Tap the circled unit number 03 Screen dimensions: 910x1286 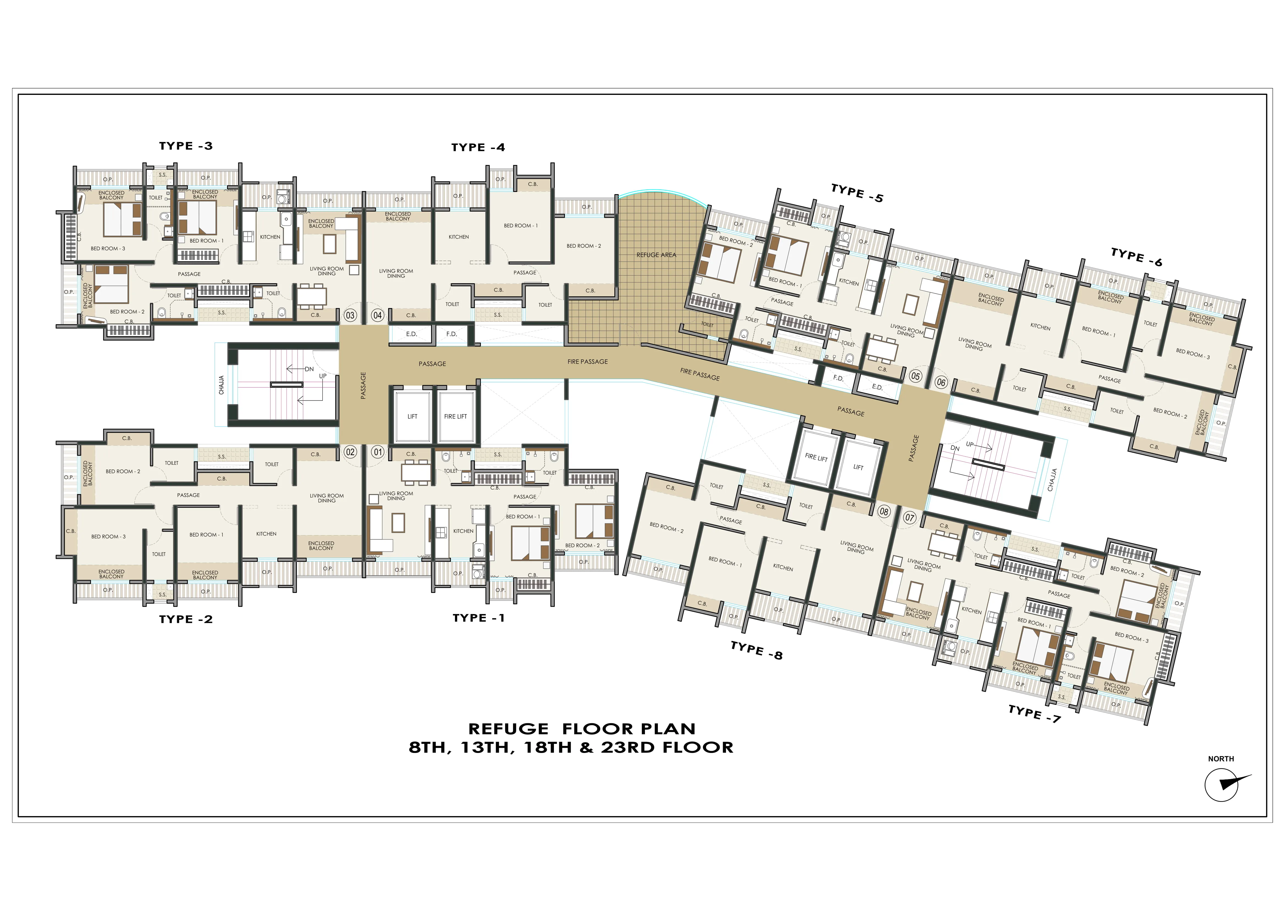tap(350, 315)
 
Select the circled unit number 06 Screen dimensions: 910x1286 tap(941, 383)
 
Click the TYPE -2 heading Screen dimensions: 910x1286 tap(186, 619)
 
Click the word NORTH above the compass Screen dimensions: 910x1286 tap(1221, 759)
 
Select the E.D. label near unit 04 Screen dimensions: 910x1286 tap(412, 334)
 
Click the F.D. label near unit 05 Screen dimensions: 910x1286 tap(838, 378)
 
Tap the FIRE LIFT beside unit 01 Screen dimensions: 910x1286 tap(455, 416)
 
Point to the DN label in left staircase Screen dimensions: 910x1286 tap(309, 369)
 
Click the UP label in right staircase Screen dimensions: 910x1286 tap(970, 444)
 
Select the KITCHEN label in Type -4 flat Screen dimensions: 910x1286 tap(459, 237)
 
